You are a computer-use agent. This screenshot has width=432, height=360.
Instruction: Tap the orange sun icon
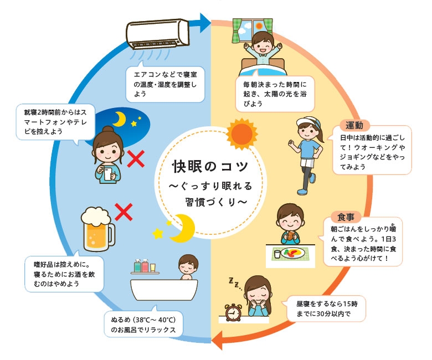tap(241, 133)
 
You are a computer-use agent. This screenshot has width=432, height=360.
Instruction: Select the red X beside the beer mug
tap(125, 211)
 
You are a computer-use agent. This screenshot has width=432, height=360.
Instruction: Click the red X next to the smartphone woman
tap(136, 161)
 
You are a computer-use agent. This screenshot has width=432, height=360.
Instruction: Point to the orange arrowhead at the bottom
tap(217, 338)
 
